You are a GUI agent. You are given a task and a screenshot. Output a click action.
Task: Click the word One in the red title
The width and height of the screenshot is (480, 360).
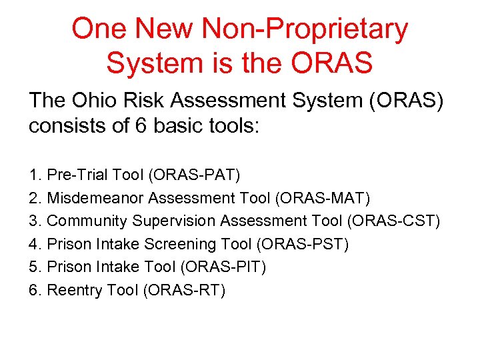click(x=100, y=29)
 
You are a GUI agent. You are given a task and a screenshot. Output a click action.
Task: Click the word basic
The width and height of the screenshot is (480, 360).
click(x=178, y=127)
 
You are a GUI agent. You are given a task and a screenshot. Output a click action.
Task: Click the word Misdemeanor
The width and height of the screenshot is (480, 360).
click(x=97, y=198)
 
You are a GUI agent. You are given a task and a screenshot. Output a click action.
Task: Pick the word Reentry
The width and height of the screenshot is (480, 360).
click(x=73, y=290)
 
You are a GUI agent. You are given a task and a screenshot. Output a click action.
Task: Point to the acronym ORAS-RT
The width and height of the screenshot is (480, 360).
click(x=184, y=290)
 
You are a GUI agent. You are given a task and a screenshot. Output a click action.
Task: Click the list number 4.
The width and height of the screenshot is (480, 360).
click(x=34, y=244)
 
